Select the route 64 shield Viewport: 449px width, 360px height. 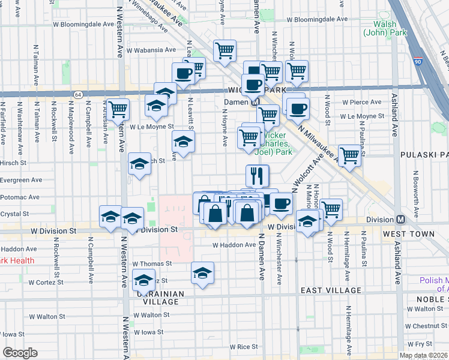(78, 95)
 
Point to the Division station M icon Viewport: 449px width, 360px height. (400, 220)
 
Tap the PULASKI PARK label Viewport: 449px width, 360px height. (424, 155)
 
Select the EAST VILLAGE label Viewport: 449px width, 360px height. (331, 290)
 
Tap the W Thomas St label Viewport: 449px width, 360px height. (152, 263)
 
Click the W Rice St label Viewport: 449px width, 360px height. (244, 347)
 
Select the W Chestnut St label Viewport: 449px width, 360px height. (427, 326)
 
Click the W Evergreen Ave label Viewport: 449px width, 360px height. (22, 179)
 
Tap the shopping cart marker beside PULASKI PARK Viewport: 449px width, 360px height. (350, 156)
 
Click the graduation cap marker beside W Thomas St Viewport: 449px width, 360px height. (203, 273)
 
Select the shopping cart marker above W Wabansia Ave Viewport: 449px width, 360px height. (224, 51)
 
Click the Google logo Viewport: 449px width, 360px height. (20, 353)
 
